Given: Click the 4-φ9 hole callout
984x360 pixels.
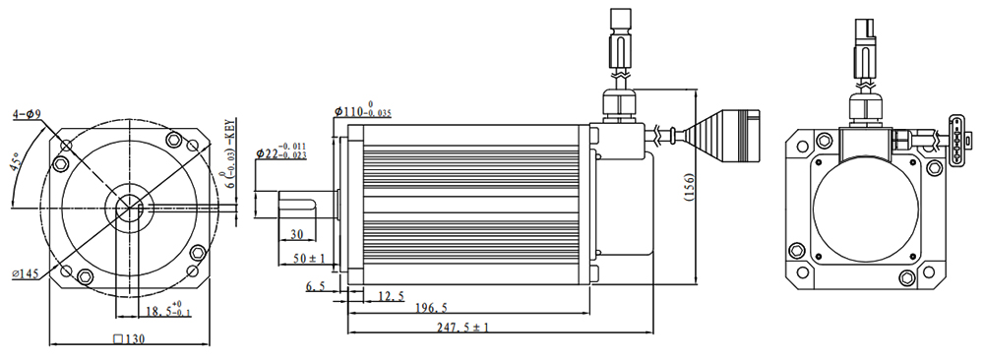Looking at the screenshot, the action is click(27, 115).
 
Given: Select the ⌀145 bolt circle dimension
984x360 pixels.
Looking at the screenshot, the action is click(26, 273).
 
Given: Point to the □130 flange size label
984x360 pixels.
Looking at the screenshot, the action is click(129, 339).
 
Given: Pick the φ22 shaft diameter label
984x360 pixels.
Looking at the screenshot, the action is click(281, 151).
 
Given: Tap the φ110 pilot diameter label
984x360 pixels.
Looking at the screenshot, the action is click(363, 109).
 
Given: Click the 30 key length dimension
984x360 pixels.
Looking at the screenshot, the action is click(296, 234).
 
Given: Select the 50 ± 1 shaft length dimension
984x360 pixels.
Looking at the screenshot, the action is click(310, 258).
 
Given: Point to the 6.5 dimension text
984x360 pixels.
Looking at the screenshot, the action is click(316, 286).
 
